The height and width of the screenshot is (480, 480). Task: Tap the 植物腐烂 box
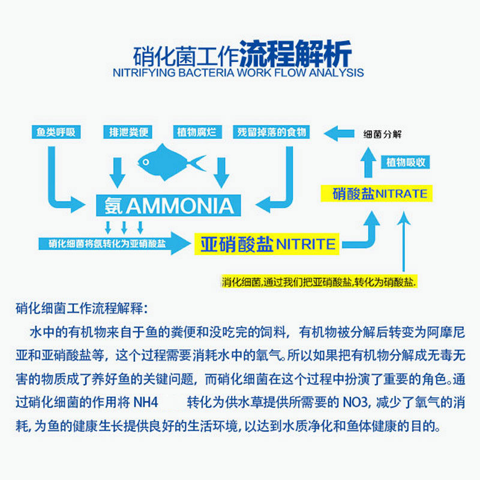[x=196, y=132]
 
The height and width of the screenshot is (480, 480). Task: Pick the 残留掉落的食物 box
[x=272, y=132]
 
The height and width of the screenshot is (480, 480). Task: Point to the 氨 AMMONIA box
[x=169, y=205]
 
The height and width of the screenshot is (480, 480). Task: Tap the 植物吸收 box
[x=406, y=162]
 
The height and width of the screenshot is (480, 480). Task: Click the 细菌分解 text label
[x=382, y=134]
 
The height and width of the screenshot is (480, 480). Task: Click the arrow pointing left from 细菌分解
[x=339, y=133]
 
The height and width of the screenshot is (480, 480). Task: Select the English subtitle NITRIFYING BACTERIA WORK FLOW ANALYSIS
[x=238, y=73]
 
